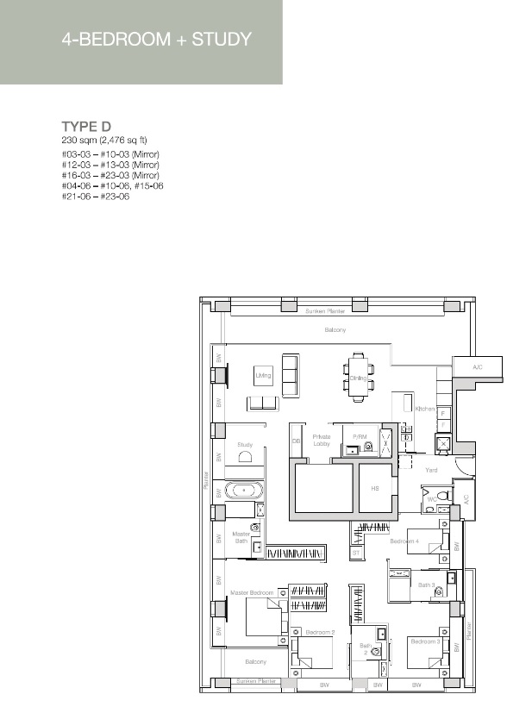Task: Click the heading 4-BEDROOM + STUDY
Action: click(x=157, y=40)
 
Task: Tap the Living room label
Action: click(x=263, y=376)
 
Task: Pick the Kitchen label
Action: click(x=424, y=409)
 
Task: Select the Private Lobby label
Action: click(x=322, y=440)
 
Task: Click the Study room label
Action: click(x=245, y=445)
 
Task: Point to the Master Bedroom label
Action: click(x=252, y=593)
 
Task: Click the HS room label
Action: click(x=375, y=488)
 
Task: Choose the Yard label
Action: click(x=431, y=470)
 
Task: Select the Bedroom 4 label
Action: click(x=404, y=541)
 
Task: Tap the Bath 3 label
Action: click(x=426, y=585)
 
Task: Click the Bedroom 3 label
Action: click(x=425, y=641)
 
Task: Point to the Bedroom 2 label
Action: click(x=320, y=633)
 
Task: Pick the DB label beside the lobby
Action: click(x=296, y=441)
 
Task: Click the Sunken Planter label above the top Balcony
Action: click(x=325, y=310)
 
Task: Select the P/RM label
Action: click(x=360, y=437)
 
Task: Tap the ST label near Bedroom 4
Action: click(x=355, y=553)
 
